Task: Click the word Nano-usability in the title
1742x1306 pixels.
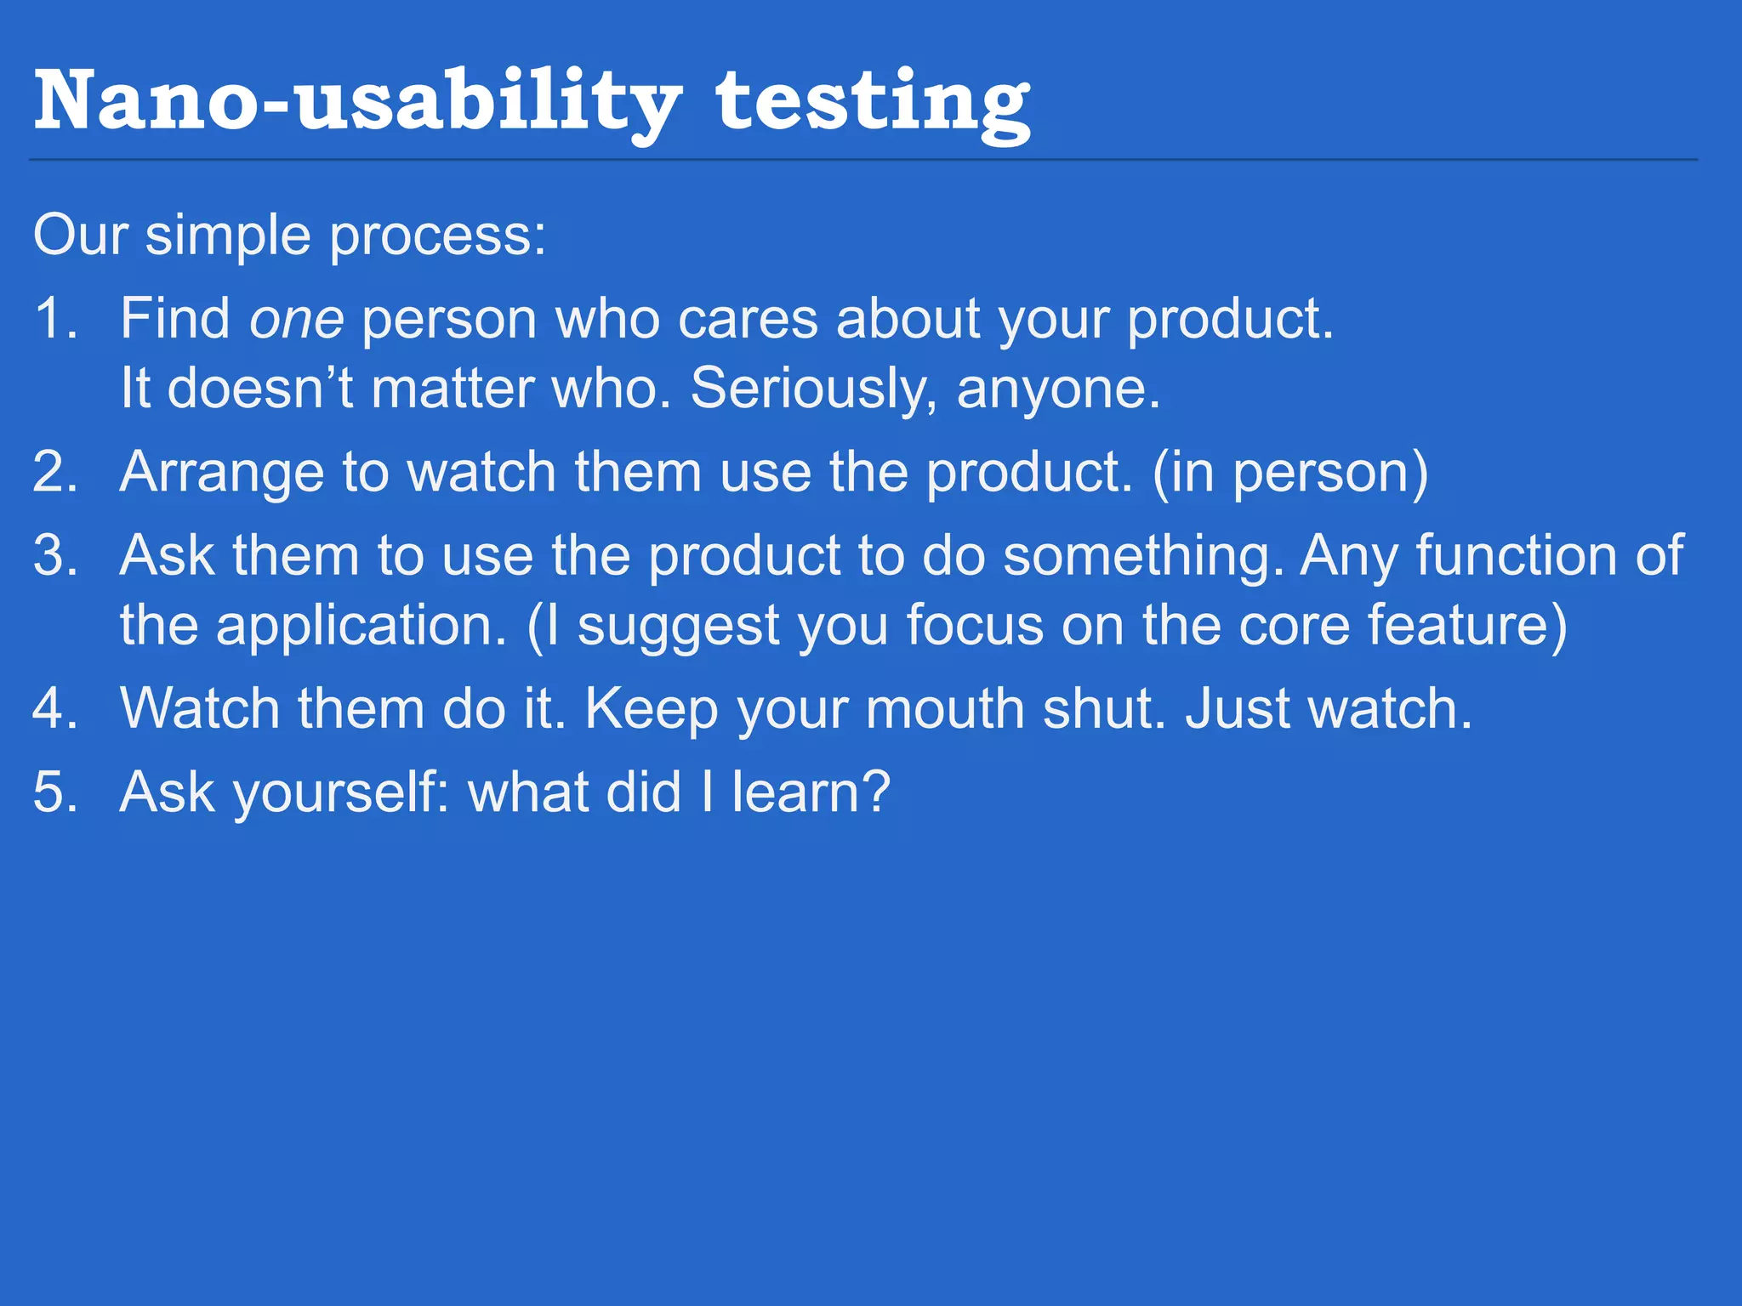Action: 357,102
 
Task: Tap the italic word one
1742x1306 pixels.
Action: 296,320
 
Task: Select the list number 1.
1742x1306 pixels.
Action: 53,320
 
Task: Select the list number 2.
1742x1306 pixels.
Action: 53,472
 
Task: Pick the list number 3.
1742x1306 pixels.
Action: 53,556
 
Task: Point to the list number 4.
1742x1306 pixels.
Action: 53,708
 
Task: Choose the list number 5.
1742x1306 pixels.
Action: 53,792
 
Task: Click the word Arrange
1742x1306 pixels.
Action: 221,472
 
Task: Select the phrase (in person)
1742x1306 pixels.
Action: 1289,472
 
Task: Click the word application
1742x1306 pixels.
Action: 361,626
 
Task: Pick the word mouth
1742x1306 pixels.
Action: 944,708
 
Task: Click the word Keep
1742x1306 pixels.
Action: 651,708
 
